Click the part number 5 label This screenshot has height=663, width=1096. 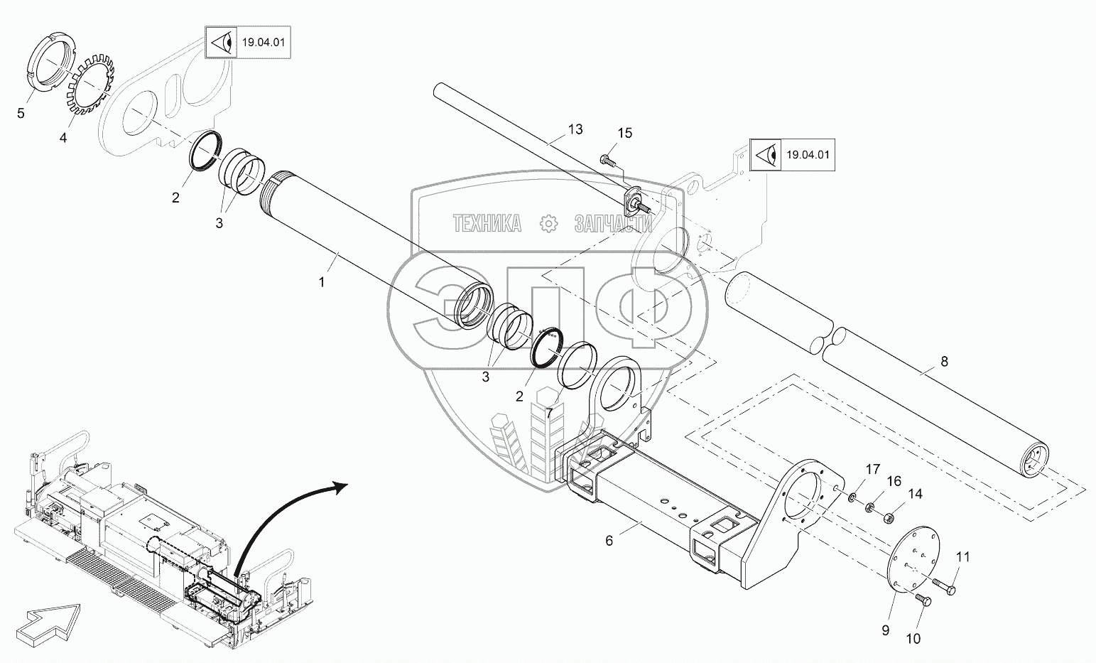pos(21,113)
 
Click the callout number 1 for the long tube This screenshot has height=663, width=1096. pos(322,281)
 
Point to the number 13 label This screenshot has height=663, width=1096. pos(575,129)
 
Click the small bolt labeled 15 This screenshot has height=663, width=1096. pos(605,158)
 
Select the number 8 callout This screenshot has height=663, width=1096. pos(944,361)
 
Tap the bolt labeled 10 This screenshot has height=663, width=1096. pos(923,600)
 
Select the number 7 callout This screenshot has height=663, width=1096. pos(549,412)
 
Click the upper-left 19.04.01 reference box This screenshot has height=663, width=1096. pos(248,42)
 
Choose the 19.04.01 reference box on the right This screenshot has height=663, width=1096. pos(792,155)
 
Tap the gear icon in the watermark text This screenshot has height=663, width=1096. pos(548,223)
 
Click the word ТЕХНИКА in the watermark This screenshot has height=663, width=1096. pos(487,223)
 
